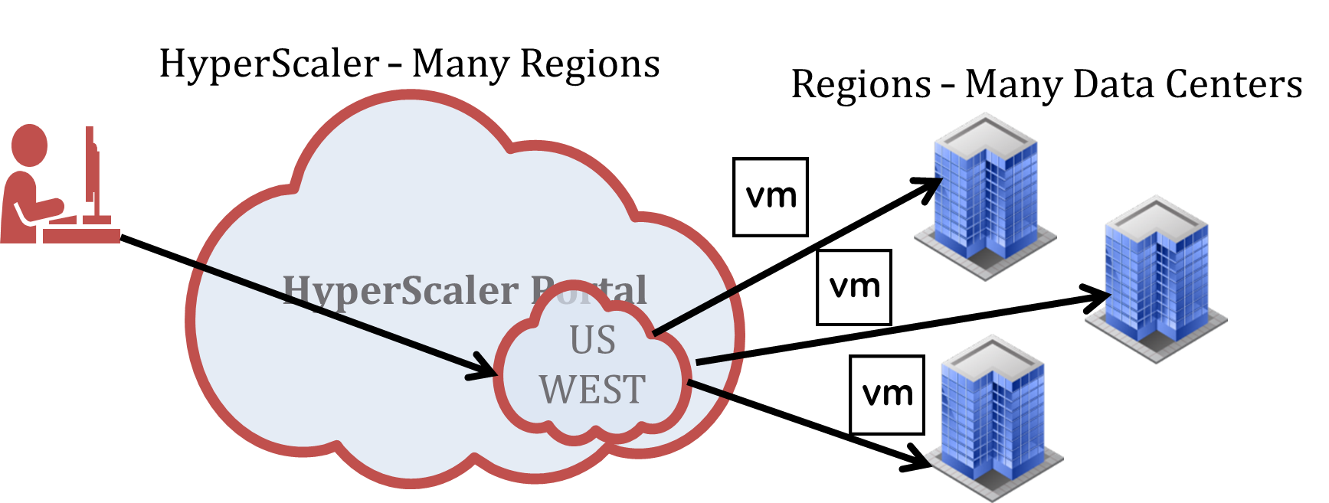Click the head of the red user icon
29,145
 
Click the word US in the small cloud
592,340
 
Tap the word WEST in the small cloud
592,389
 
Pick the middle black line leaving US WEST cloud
719,358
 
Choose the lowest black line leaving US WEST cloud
711,388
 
